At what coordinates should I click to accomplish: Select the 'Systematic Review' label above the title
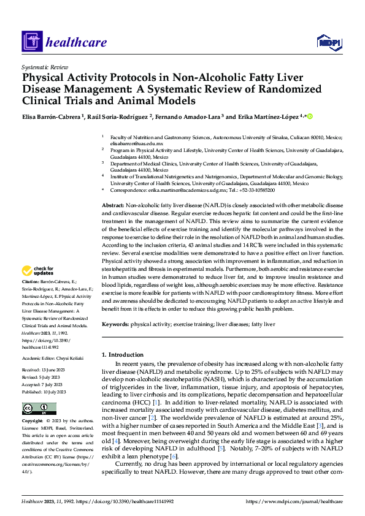[45, 66]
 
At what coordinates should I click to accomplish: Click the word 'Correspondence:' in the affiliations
[131, 190]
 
